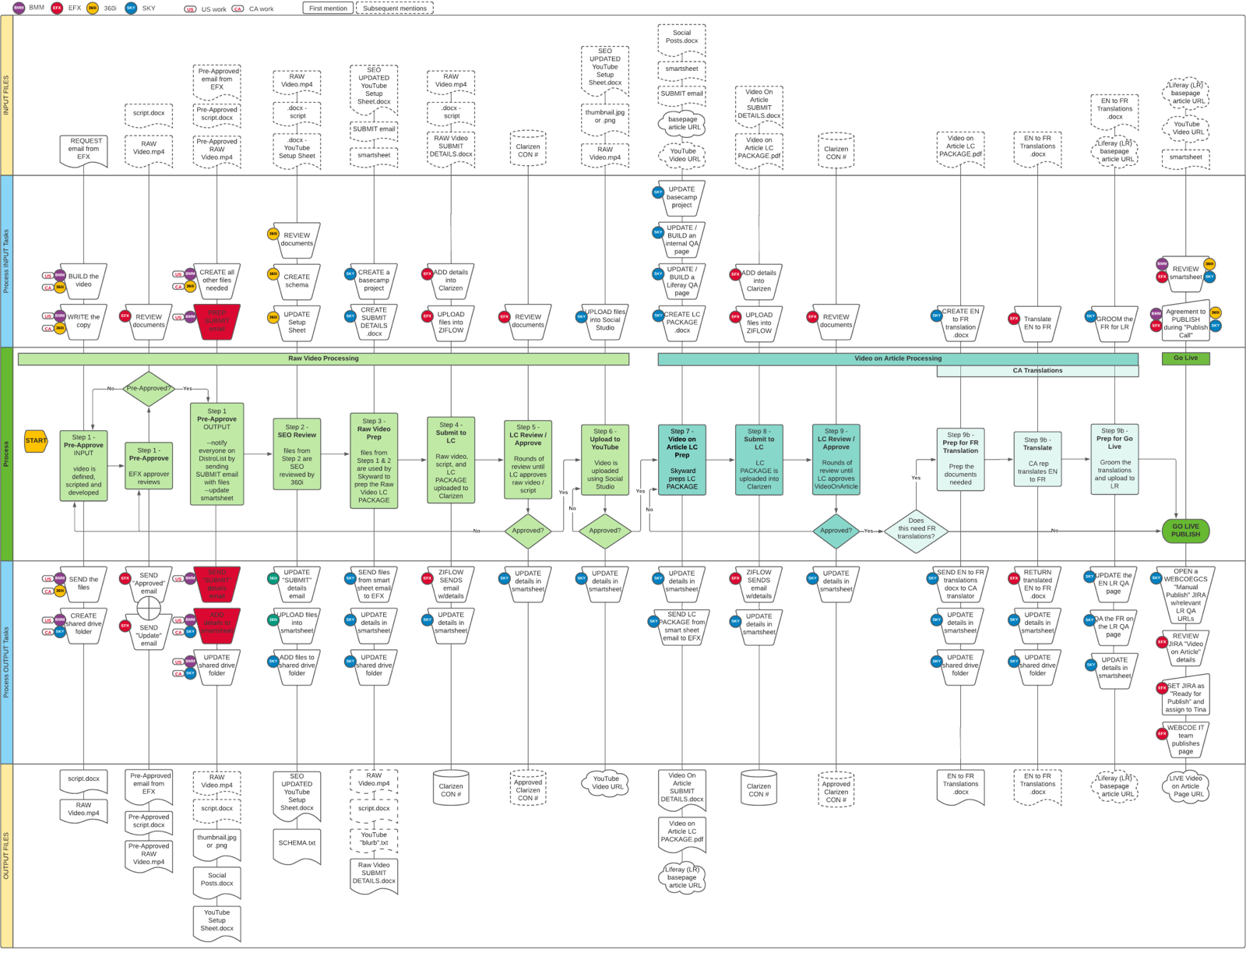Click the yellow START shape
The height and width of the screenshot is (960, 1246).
36,441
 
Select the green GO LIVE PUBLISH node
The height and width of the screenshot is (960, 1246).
1185,531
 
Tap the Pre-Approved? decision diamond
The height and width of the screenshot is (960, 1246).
148,388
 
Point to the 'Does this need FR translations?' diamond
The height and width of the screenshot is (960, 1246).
916,531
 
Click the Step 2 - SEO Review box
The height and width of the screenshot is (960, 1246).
297,454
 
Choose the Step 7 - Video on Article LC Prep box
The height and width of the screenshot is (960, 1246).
681,460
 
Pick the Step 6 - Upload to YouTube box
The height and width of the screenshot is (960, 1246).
605,460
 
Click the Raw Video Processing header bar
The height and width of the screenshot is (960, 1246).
323,358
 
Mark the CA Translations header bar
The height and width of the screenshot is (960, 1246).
1037,371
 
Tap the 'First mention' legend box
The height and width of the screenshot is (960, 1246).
328,9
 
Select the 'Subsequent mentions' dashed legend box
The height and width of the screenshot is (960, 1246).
394,9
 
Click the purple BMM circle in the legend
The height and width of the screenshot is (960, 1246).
19,8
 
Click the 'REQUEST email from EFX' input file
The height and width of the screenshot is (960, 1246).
83,150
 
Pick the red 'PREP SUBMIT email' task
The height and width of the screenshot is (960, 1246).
217,322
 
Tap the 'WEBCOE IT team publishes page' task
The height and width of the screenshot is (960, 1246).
1185,739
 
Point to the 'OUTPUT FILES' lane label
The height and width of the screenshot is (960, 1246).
7,856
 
